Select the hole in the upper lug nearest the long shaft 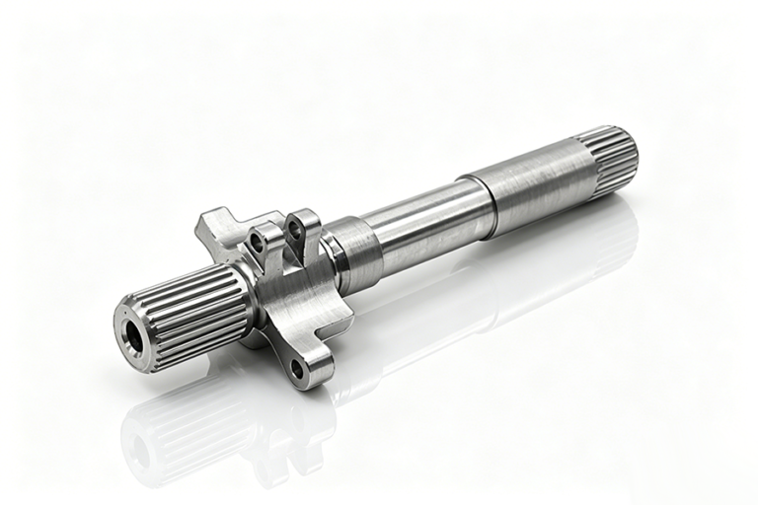click(294, 230)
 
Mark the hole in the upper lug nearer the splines click(259, 241)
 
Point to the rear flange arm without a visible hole click(213, 226)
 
